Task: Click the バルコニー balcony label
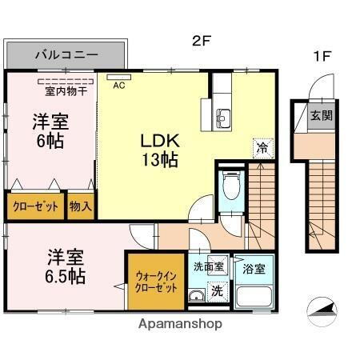pos(66,56)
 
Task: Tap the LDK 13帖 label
pos(160,149)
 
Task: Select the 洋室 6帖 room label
pos(49,132)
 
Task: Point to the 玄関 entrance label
pos(322,115)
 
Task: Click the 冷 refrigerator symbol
pos(261,147)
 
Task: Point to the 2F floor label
pos(201,37)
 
